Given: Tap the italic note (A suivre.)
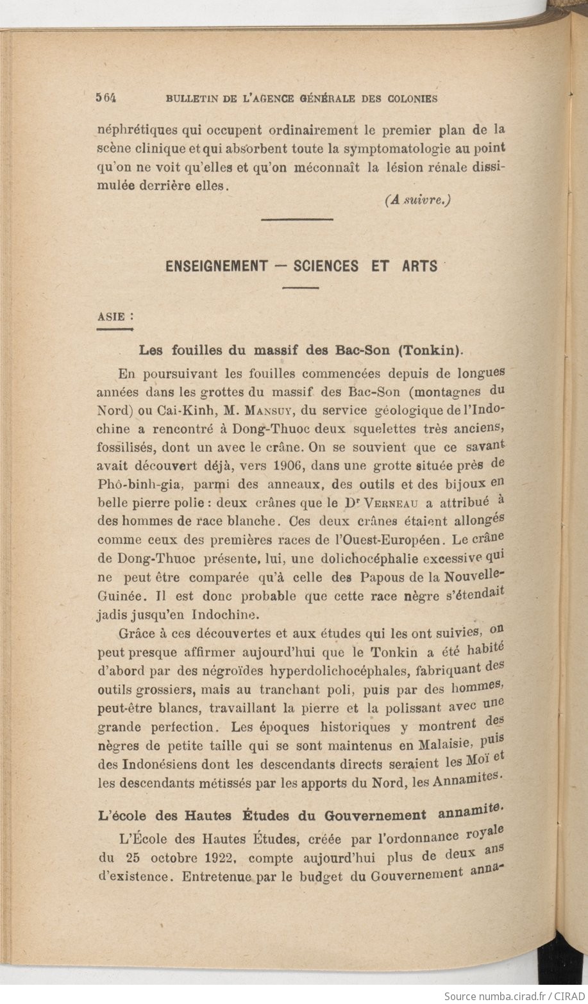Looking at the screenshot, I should tap(419, 199).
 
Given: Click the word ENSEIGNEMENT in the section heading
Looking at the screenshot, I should tap(216, 265).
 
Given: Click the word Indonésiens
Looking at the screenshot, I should tap(148, 764).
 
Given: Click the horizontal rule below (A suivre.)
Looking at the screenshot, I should tap(298, 219).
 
